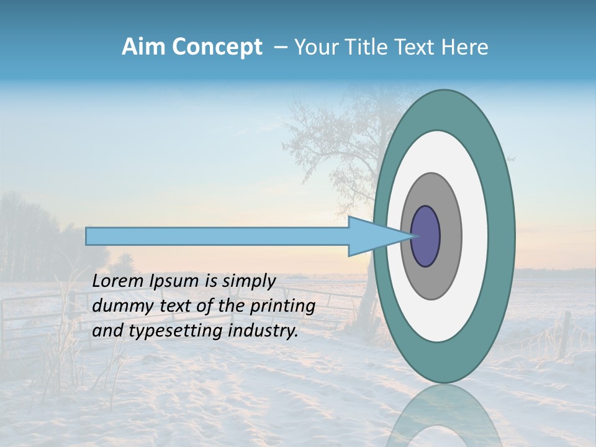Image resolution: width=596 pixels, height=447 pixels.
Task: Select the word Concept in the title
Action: click(217, 48)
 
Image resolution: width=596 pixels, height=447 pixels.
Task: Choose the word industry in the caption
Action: click(263, 331)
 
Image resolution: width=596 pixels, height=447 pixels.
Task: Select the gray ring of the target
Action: click(450, 236)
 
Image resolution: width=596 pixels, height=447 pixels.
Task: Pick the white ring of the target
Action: click(474, 236)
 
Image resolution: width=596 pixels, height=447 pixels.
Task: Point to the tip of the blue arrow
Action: click(413, 236)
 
